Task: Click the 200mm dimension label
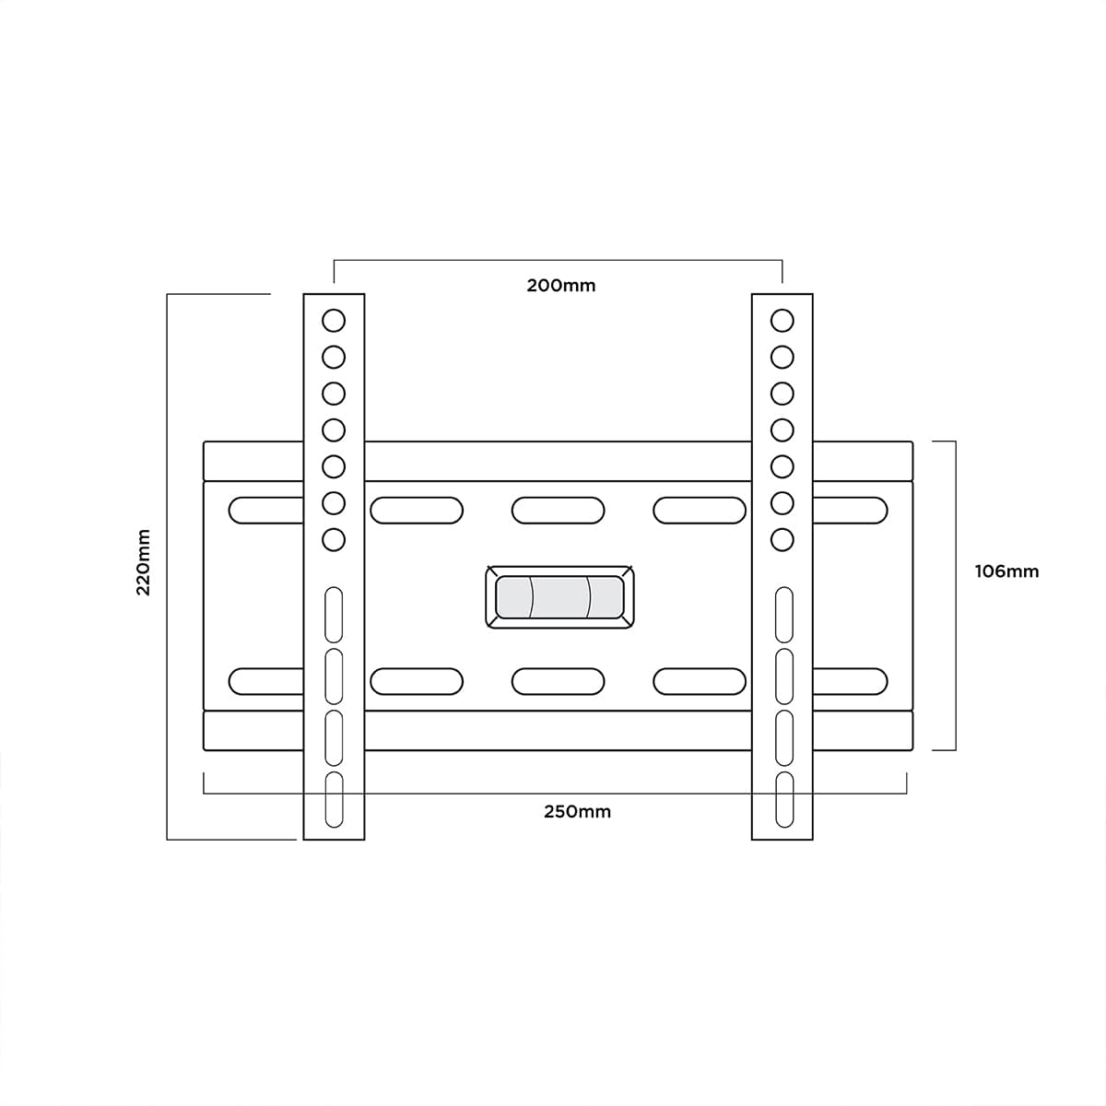point(560,285)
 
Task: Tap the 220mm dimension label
point(143,562)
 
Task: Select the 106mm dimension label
point(1006,571)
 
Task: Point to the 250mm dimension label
point(577,812)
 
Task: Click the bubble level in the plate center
point(559,597)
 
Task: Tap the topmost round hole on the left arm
point(334,320)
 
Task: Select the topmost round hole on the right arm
point(782,320)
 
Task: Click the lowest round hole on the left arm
point(334,539)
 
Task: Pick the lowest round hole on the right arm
point(782,539)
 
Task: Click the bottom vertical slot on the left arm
point(334,799)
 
